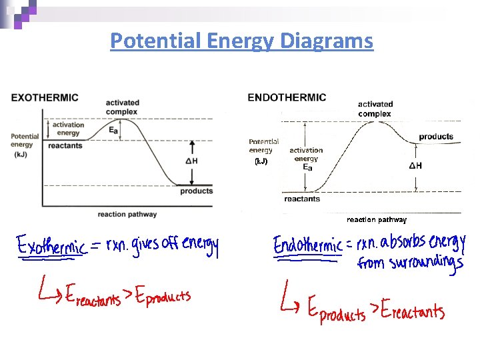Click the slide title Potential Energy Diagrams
tap(241, 41)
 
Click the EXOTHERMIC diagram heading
tap(45, 97)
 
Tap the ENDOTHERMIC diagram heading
tap(287, 97)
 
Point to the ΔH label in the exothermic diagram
tap(191, 161)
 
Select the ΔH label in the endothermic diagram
tap(415, 165)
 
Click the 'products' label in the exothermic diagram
tap(196, 191)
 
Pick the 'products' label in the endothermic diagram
tap(436, 137)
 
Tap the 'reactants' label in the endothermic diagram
tap(301, 199)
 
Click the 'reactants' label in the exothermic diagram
tap(65, 145)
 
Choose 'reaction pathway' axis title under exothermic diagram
tap(127, 214)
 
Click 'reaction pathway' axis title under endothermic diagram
tap(376, 219)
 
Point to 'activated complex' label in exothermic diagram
tap(122, 107)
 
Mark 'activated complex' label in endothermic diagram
tap(375, 109)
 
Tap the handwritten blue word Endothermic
tap(308, 245)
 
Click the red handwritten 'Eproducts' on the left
tap(163, 297)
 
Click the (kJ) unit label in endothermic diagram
tap(261, 161)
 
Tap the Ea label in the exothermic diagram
tap(113, 131)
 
